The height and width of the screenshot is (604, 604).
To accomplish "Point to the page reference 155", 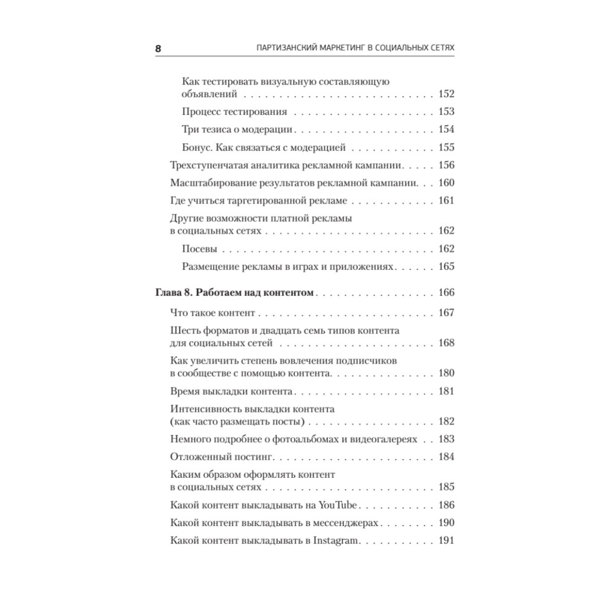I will [x=446, y=147].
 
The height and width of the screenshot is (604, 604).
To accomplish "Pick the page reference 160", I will [x=446, y=184].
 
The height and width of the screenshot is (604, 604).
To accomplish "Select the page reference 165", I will [x=446, y=266].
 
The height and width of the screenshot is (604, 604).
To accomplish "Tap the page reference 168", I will [x=446, y=342].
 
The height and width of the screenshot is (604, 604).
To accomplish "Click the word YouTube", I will [x=339, y=505].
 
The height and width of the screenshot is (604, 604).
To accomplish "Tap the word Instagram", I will [x=336, y=541].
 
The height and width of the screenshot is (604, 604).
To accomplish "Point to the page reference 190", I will [x=446, y=522].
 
